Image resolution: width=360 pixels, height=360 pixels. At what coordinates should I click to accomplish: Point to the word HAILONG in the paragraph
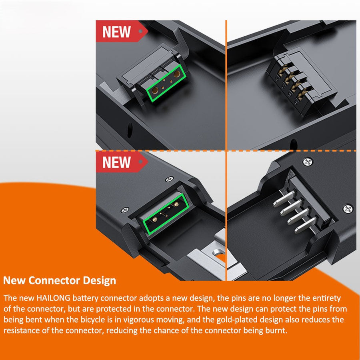(x=53, y=298)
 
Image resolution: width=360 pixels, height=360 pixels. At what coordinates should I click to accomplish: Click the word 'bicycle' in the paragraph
(x=93, y=320)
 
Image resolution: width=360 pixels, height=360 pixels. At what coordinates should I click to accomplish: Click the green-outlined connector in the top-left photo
(x=167, y=83)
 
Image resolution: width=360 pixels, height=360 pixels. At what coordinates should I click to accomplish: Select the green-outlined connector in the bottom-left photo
(x=166, y=214)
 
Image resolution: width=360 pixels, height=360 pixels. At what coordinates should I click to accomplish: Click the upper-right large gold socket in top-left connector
(x=177, y=74)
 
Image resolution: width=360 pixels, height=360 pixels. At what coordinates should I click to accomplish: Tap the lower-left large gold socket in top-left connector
(x=155, y=90)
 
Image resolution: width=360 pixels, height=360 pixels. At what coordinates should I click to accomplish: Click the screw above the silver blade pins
(x=308, y=162)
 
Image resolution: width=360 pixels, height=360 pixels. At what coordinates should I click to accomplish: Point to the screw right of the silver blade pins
(x=348, y=209)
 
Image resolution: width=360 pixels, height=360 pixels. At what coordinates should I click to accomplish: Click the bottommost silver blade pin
(x=305, y=225)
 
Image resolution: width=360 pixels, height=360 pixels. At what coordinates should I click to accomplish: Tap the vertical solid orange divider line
(x=226, y=150)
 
